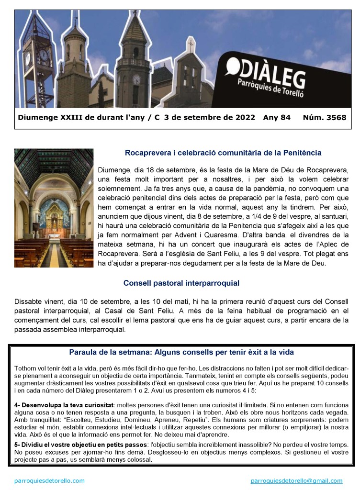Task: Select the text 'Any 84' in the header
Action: coord(277,117)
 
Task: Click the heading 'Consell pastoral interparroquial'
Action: coord(181,283)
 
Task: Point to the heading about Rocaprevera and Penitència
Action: coord(223,153)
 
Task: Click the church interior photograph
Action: coord(54,208)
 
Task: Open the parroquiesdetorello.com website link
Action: coord(49,480)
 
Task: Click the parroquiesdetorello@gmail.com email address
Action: coord(296,480)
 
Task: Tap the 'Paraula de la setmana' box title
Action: coord(181,352)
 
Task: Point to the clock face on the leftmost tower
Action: coord(44,56)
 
